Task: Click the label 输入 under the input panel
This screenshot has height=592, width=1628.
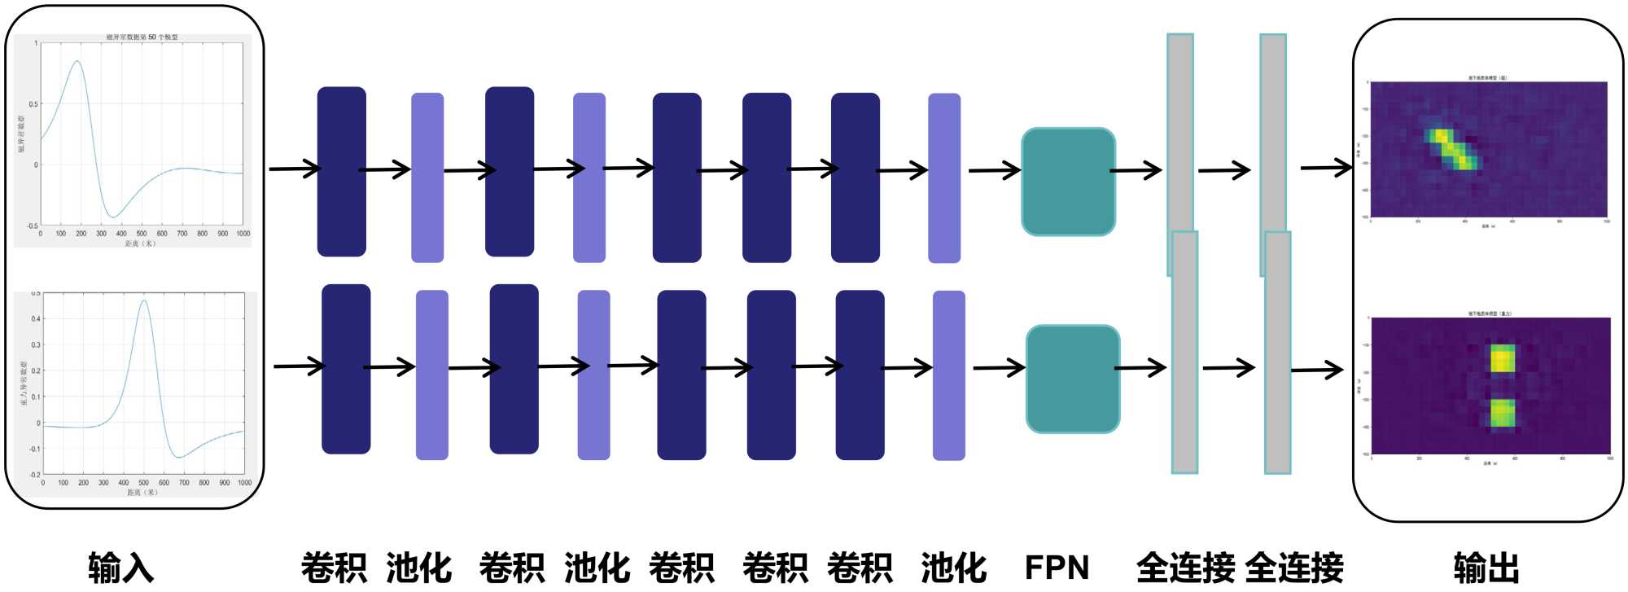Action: click(x=120, y=568)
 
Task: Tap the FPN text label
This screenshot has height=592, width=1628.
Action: click(x=1057, y=568)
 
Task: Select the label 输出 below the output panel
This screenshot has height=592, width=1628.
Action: click(x=1486, y=568)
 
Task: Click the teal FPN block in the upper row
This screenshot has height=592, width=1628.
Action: click(x=1068, y=182)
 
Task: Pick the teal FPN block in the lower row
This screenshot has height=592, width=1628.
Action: click(x=1073, y=379)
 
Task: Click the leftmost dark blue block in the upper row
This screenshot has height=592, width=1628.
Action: click(x=341, y=171)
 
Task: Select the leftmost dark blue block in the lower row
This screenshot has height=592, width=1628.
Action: click(x=346, y=369)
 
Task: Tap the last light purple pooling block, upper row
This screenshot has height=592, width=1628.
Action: click(x=944, y=178)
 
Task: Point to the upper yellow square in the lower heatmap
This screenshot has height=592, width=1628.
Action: click(x=1503, y=358)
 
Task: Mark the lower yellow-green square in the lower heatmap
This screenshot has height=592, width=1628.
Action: click(x=1503, y=413)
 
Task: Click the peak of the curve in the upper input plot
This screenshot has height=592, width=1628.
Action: click(x=77, y=61)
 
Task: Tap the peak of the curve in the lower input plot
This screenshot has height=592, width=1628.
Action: click(x=144, y=300)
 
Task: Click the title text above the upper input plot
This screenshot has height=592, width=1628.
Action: click(x=142, y=37)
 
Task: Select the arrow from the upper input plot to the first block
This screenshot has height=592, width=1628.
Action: click(x=295, y=169)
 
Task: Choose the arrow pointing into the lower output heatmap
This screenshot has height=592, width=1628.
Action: click(x=1317, y=371)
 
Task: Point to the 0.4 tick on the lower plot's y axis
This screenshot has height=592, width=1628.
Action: click(x=36, y=318)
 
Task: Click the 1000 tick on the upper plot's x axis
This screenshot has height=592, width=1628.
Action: click(x=243, y=234)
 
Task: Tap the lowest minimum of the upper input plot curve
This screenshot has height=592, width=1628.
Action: click(x=115, y=217)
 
